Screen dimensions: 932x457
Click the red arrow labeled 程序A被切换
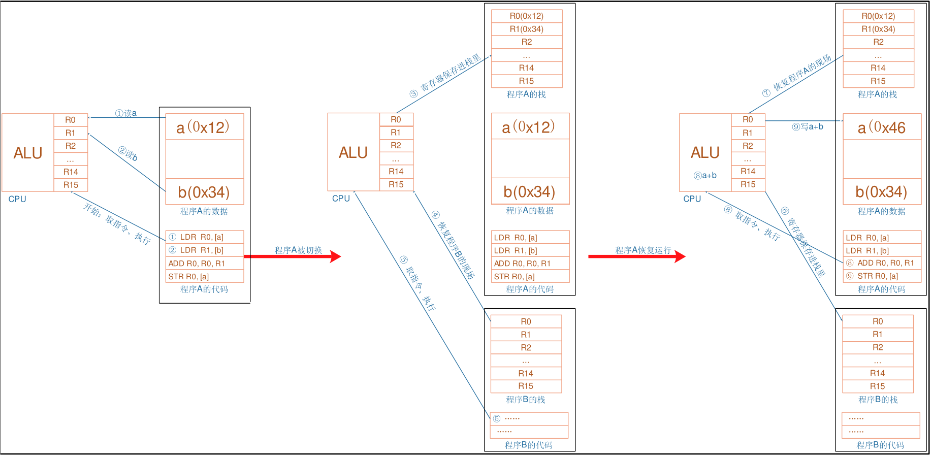pyautogui.click(x=293, y=256)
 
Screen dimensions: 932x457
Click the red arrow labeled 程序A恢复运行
pyautogui.click(x=637, y=256)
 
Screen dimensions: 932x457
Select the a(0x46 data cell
pyautogui.click(x=882, y=127)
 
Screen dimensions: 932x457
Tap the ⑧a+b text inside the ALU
pyautogui.click(x=705, y=176)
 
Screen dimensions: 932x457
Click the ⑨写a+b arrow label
pyautogui.click(x=808, y=127)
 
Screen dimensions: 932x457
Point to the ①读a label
pyautogui.click(x=125, y=113)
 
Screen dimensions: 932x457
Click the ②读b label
pyautogui.click(x=128, y=154)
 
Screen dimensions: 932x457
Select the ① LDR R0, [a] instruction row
pyautogui.click(x=205, y=237)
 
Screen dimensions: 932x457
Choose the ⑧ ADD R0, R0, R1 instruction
pyautogui.click(x=882, y=263)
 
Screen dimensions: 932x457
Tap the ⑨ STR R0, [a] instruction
pyautogui.click(x=882, y=276)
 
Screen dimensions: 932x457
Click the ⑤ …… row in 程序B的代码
pyautogui.click(x=529, y=419)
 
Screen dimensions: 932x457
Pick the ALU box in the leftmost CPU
pyautogui.click(x=28, y=153)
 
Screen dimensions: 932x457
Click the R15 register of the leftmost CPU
pyautogui.click(x=71, y=185)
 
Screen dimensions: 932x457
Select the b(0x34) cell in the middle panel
pyautogui.click(x=530, y=191)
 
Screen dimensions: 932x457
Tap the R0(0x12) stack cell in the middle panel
pyautogui.click(x=527, y=16)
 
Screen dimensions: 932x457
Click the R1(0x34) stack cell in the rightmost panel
pyautogui.click(x=878, y=29)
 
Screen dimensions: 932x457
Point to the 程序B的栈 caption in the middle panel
pyautogui.click(x=526, y=400)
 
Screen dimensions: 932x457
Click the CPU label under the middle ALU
pyautogui.click(x=341, y=199)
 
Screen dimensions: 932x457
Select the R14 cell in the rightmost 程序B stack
pyautogui.click(x=878, y=373)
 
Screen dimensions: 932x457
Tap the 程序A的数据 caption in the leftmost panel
pyautogui.click(x=204, y=211)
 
